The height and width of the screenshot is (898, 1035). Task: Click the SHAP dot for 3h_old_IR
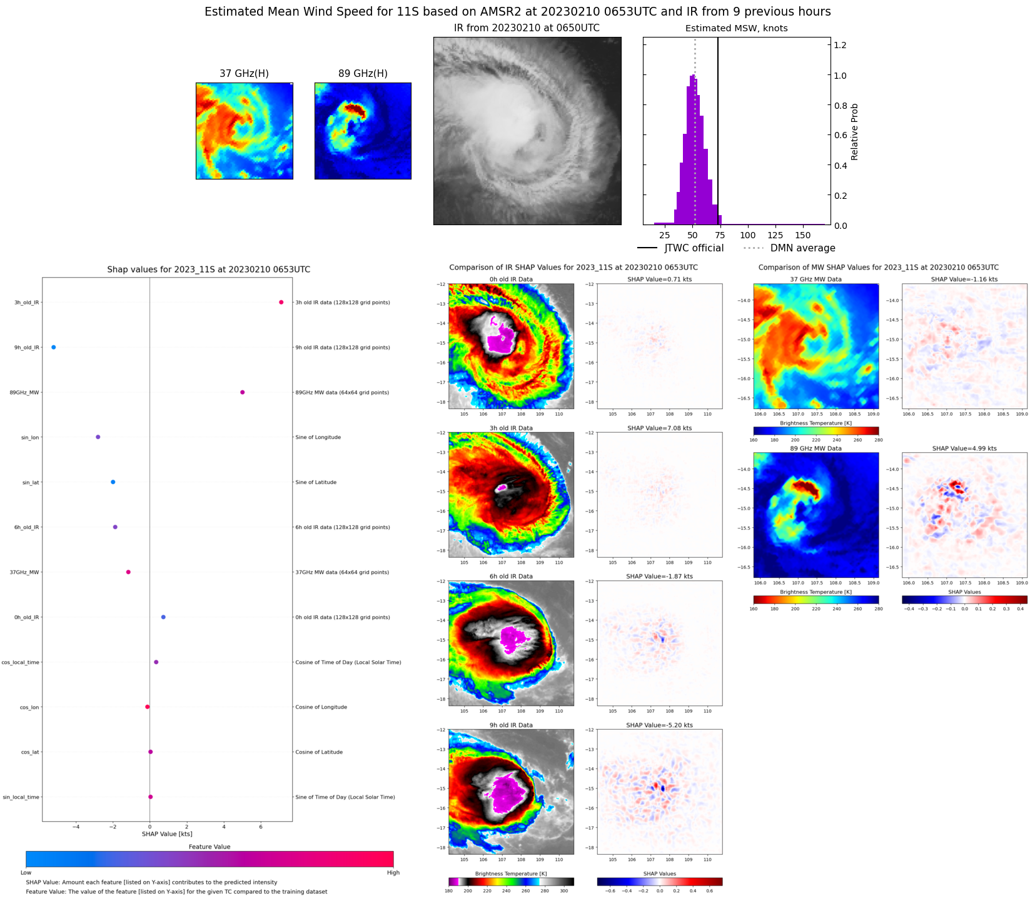click(x=281, y=303)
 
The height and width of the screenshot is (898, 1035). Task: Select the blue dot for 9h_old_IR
click(x=54, y=348)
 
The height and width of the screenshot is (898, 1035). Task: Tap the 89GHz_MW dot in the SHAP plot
click(x=243, y=393)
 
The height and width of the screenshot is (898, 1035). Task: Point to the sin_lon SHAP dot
click(x=98, y=437)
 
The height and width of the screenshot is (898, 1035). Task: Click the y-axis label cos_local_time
click(x=21, y=662)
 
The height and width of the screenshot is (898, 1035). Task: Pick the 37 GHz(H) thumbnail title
click(x=244, y=74)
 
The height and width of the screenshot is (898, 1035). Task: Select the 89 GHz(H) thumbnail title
click(x=363, y=74)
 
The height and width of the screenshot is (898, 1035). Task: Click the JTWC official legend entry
click(x=694, y=248)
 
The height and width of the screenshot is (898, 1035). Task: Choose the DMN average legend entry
click(x=802, y=248)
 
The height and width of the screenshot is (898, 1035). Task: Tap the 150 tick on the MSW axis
click(x=803, y=236)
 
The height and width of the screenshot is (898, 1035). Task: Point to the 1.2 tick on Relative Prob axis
click(x=840, y=45)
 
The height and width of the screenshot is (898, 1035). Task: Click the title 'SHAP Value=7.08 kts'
click(x=660, y=428)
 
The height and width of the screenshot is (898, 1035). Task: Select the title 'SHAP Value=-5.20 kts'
click(x=660, y=725)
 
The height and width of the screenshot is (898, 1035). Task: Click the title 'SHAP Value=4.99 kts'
click(x=964, y=448)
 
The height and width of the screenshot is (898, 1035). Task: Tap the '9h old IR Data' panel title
click(x=511, y=725)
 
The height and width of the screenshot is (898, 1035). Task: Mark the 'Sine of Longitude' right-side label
click(x=318, y=438)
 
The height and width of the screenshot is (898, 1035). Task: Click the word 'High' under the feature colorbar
click(x=393, y=873)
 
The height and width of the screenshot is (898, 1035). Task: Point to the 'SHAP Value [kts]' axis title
click(x=167, y=834)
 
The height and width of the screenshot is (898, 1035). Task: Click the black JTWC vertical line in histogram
click(x=718, y=125)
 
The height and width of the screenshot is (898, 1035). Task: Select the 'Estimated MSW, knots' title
click(x=736, y=28)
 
